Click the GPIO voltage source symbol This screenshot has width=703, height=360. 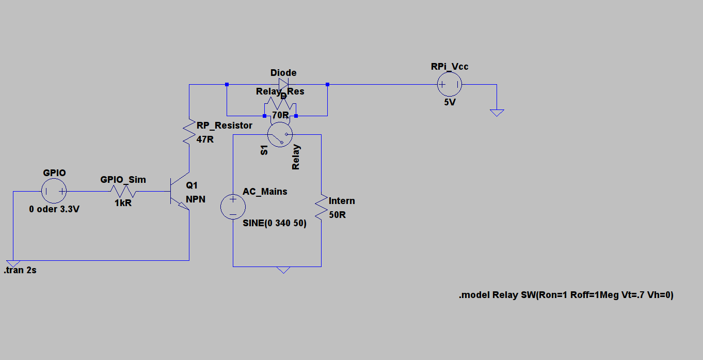click(x=54, y=192)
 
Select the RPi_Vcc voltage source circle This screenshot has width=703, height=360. click(x=450, y=84)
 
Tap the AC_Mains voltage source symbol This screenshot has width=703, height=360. click(x=233, y=207)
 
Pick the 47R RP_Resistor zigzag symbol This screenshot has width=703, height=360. click(x=189, y=132)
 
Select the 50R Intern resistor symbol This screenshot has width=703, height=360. click(x=321, y=207)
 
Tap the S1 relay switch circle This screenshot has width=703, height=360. click(x=280, y=135)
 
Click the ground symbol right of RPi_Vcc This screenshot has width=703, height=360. click(x=497, y=112)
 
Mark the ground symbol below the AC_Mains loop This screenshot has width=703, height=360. click(x=283, y=270)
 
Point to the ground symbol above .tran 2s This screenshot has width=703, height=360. click(x=13, y=263)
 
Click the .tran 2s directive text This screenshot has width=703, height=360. click(x=21, y=271)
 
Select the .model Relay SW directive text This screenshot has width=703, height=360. click(x=566, y=295)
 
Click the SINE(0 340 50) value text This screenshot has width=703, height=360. click(x=275, y=224)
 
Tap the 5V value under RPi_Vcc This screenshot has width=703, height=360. click(x=450, y=102)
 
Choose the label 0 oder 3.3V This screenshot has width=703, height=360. click(x=54, y=210)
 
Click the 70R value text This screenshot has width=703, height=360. click(x=280, y=115)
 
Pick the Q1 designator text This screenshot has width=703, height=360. click(x=191, y=185)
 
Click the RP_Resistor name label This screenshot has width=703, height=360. click(x=225, y=126)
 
